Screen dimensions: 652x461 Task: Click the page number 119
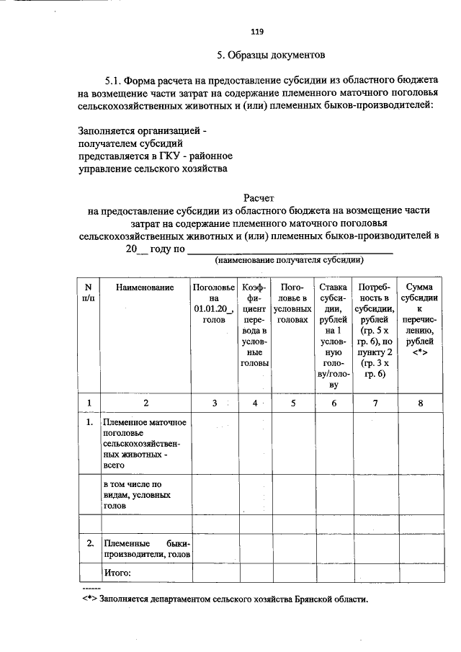coord(256,31)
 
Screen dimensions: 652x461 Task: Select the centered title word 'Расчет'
coord(259,197)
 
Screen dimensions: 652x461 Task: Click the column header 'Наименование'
coord(144,288)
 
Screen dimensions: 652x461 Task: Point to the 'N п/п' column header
coord(89,293)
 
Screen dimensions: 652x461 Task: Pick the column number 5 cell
coord(293,403)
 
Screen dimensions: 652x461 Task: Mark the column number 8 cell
coord(420,403)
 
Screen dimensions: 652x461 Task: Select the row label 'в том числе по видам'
coord(137,496)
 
